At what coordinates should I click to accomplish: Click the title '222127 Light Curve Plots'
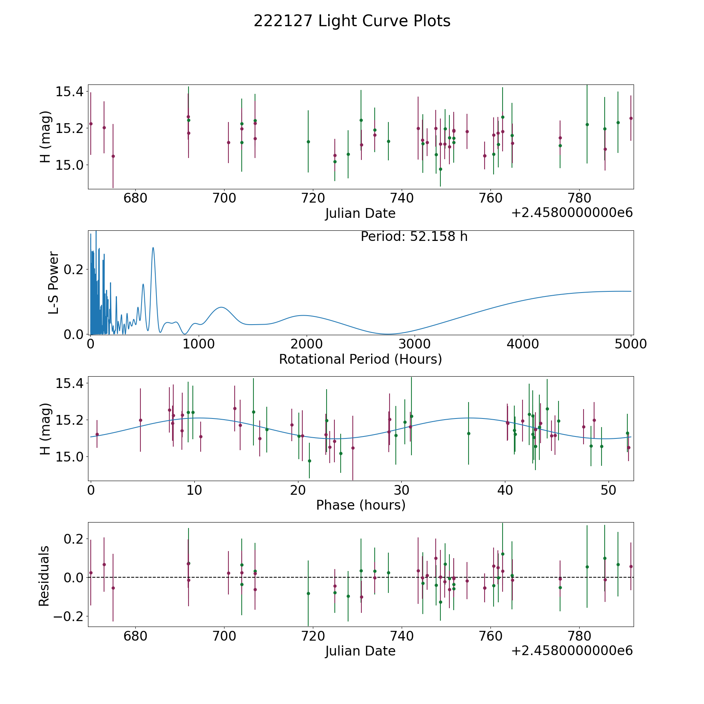352,21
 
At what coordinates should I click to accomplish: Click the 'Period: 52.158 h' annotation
414,237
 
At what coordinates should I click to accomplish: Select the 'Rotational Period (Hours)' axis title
360,359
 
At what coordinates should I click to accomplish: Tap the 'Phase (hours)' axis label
360,505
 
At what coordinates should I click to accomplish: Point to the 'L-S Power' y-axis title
54,282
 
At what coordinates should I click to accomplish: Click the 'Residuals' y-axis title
44,576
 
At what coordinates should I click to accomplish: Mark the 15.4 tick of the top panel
70,92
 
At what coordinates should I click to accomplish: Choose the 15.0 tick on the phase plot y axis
70,457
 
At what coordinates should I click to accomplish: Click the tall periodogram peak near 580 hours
153,248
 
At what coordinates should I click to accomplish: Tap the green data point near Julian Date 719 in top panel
308,142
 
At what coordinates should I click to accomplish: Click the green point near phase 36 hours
469,433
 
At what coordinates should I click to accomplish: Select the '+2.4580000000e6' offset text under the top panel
572,213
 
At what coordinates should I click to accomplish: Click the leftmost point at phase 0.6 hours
97,434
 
